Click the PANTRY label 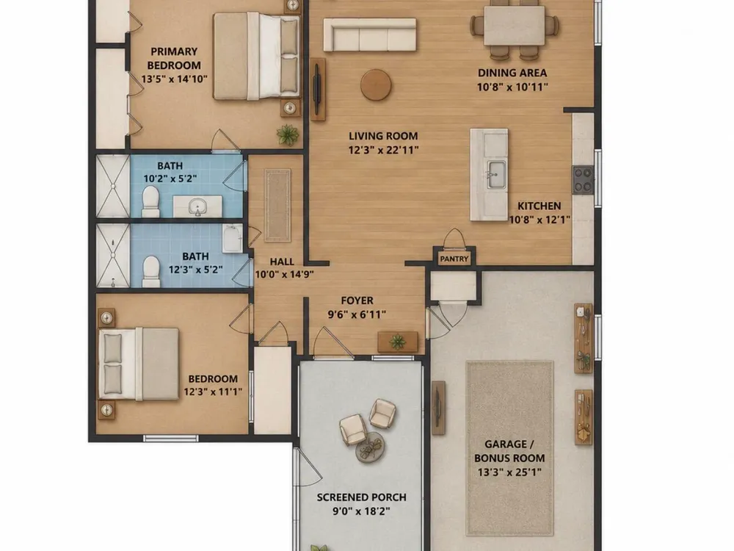point(454,259)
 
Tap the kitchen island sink point(496,174)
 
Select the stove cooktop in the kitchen point(583,180)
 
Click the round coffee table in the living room point(376,84)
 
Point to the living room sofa point(370,35)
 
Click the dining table point(515,26)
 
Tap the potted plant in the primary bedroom point(288,135)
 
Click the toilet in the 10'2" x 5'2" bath point(150,201)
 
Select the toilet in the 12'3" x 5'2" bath point(151,272)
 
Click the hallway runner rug point(277,206)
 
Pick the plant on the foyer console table point(397,341)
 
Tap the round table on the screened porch point(370,447)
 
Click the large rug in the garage point(510,448)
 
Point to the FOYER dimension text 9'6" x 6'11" point(357,314)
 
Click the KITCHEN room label point(539,206)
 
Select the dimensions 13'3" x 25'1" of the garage point(509,472)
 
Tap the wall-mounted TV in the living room point(317,89)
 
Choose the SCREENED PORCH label point(361,497)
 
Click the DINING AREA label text point(512,73)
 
